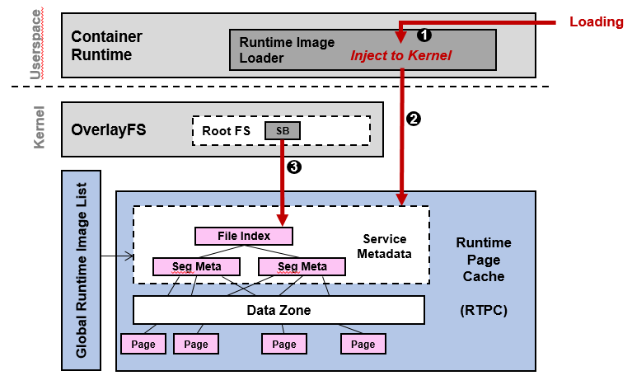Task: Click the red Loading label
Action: tap(597, 22)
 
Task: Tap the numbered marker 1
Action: tap(424, 35)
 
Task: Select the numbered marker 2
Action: tap(414, 119)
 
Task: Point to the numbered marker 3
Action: tap(294, 167)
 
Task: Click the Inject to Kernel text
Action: tap(400, 55)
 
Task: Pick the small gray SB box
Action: tap(283, 130)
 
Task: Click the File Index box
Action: tap(244, 236)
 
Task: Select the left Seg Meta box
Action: tap(196, 266)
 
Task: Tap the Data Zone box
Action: tap(279, 310)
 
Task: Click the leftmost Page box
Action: tap(143, 344)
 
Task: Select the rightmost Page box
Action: tap(363, 344)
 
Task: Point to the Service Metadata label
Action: tap(385, 246)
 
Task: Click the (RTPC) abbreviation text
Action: tap(483, 312)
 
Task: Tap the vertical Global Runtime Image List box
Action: tap(82, 270)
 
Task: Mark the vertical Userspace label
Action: tap(35, 45)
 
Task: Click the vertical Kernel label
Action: tap(39, 127)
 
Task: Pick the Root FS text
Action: tap(227, 130)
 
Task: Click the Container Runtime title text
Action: tap(106, 45)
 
